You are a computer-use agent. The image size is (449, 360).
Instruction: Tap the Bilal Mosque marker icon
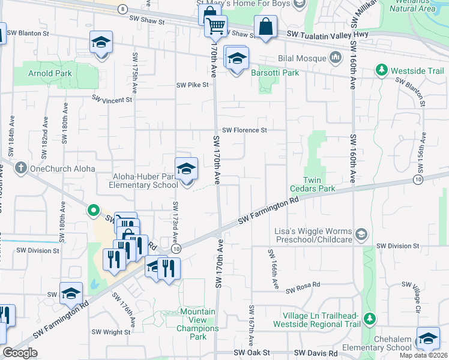336,58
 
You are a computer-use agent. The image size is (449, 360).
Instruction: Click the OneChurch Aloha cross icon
21,169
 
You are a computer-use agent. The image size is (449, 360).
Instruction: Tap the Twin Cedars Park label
319,184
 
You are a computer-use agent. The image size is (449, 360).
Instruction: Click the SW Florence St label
244,130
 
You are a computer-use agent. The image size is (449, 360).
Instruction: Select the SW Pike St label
192,85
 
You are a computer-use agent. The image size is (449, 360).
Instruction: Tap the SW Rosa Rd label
303,290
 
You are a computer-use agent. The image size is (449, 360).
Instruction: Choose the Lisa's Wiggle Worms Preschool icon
361,232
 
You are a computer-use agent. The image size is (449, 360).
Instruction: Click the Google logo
20,353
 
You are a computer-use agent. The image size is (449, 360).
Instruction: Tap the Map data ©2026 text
424,355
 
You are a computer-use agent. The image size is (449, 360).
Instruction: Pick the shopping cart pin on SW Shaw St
215,26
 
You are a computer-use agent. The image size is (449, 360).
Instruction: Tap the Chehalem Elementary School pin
428,339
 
